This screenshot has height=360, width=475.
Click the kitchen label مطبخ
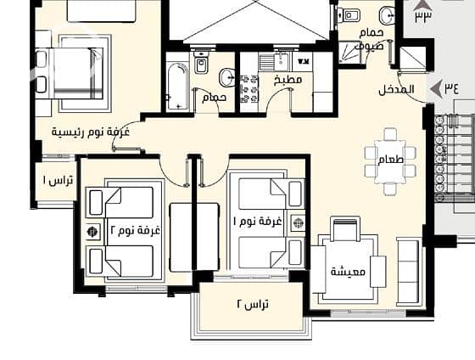pos(288,80)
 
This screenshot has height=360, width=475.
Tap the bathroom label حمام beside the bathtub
pos(214,98)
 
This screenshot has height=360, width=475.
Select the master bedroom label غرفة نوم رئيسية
pos(91,132)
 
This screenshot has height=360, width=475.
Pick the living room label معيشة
pos(348,272)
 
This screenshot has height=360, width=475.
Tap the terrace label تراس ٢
pos(253,304)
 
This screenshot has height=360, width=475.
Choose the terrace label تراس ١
pos(58,181)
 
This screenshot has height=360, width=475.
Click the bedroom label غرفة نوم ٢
pos(135,231)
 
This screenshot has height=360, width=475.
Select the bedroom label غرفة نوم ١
pos(257,222)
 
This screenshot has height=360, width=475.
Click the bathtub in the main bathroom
pos(177,87)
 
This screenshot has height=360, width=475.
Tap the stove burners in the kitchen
pos(249,89)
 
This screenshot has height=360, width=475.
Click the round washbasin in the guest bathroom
pos(387,16)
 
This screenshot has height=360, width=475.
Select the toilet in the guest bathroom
pos(349,15)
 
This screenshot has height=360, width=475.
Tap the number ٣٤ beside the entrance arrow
pos(451,88)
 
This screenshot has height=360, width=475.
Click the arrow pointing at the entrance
pos(436,89)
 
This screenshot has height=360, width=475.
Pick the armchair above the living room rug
pos(344,229)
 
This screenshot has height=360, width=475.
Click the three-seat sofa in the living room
pos(409,271)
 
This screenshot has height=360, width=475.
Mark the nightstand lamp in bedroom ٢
pos(92,232)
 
